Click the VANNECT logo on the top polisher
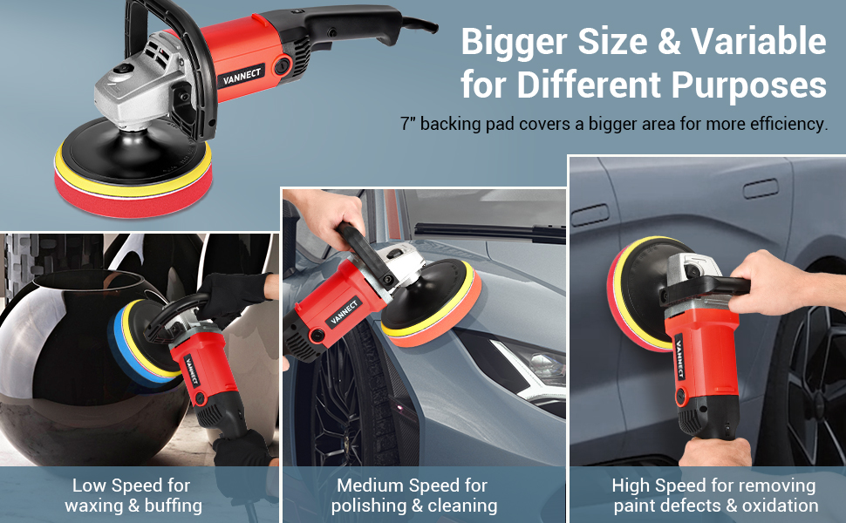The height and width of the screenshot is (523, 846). point(242,77)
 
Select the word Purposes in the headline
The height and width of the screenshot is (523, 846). point(748,85)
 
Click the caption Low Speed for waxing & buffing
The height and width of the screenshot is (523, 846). point(133,495)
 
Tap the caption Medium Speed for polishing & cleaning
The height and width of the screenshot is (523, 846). point(413,495)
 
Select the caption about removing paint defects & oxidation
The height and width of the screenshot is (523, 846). point(715,495)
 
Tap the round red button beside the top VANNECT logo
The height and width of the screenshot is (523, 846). point(282,66)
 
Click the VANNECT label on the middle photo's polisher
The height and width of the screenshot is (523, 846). point(343,312)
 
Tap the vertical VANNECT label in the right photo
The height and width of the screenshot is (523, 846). point(679,358)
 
